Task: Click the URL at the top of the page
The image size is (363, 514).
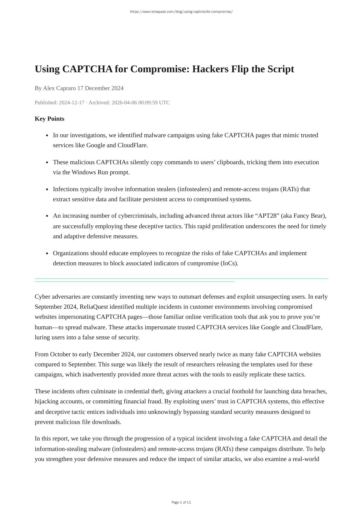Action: pyautogui.click(x=181, y=12)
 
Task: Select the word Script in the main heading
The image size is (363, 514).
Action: pyautogui.click(x=280, y=69)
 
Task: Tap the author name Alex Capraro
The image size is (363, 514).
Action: pyautogui.click(x=59, y=88)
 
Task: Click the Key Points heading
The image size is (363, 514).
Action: pyautogui.click(x=49, y=119)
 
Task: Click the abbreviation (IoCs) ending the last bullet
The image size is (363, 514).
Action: pyautogui.click(x=229, y=263)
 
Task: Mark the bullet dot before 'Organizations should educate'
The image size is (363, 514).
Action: pyautogui.click(x=47, y=253)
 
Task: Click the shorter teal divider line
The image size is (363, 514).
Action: pyautogui.click(x=135, y=282)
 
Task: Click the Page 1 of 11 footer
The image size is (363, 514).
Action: pyautogui.click(x=181, y=502)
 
